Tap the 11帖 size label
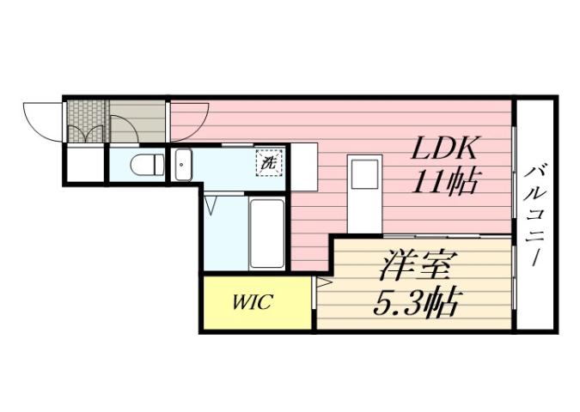coord(445,183)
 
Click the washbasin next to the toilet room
coord(183,164)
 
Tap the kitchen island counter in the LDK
coord(363,194)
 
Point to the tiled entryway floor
coord(86,123)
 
